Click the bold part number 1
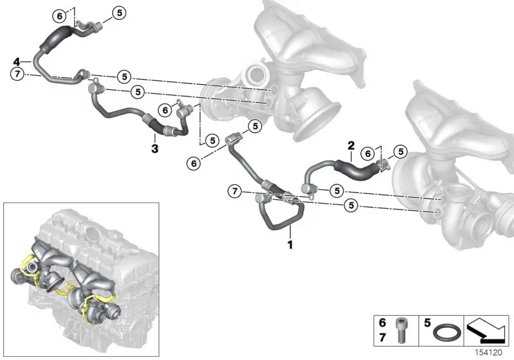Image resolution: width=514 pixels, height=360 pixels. coord(290,244)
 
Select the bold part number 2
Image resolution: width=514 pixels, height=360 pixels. coord(351,145)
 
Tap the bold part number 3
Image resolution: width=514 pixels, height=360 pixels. coord(155,148)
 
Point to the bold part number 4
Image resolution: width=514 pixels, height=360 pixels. coord(17,61)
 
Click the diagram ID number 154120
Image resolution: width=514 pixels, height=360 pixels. coord(489,353)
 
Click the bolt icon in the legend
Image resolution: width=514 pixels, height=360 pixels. coord(401,330)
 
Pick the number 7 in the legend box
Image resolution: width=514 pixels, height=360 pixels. coord(382,337)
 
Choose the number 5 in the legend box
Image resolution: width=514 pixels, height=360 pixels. coord(427,323)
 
